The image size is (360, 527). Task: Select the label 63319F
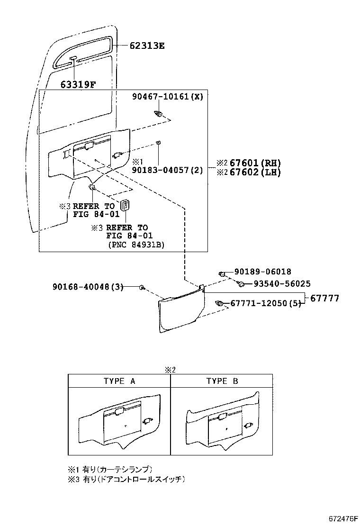78,85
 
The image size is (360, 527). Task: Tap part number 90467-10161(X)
167,97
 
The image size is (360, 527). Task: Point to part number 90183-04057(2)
167,170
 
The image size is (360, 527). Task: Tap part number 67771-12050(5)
266,303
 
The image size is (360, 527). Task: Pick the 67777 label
325,299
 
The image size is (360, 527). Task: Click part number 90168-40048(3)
88,287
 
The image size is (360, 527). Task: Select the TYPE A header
119,381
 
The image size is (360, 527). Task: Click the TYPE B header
222,381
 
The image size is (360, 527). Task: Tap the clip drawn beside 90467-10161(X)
160,114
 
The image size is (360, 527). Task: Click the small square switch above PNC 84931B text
125,205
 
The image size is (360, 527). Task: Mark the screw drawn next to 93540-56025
241,284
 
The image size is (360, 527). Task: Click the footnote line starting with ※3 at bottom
126,480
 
